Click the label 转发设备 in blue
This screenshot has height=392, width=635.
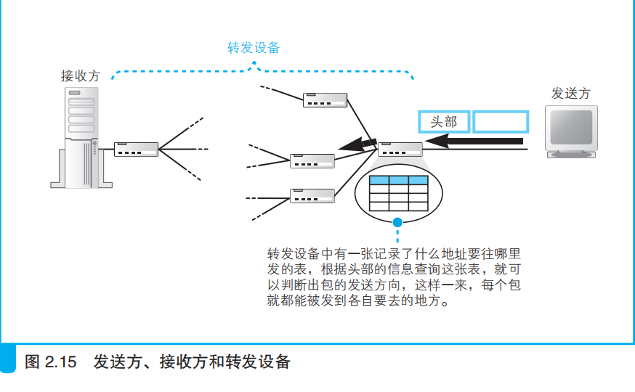(254, 48)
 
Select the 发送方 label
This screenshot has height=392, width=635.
(571, 93)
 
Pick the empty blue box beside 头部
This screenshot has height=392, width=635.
(501, 121)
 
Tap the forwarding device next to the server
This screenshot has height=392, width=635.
(137, 150)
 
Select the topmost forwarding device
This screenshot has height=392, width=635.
(325, 100)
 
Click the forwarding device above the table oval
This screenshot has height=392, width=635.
(400, 150)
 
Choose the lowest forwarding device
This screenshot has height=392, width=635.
(312, 195)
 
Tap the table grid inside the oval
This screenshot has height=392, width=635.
(398, 192)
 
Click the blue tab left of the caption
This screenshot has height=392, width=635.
(8, 360)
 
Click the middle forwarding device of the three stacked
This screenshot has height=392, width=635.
(312, 160)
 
